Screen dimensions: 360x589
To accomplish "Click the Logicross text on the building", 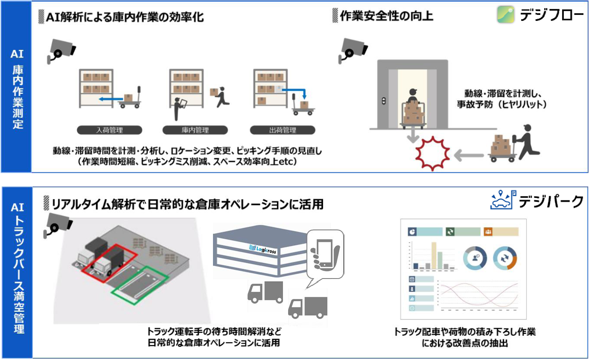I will coord(263,250).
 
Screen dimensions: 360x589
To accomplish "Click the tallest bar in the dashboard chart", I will coord(434,255).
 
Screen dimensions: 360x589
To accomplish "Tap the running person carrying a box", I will coord(222,97).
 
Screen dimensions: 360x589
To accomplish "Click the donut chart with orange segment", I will coord(505,258).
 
